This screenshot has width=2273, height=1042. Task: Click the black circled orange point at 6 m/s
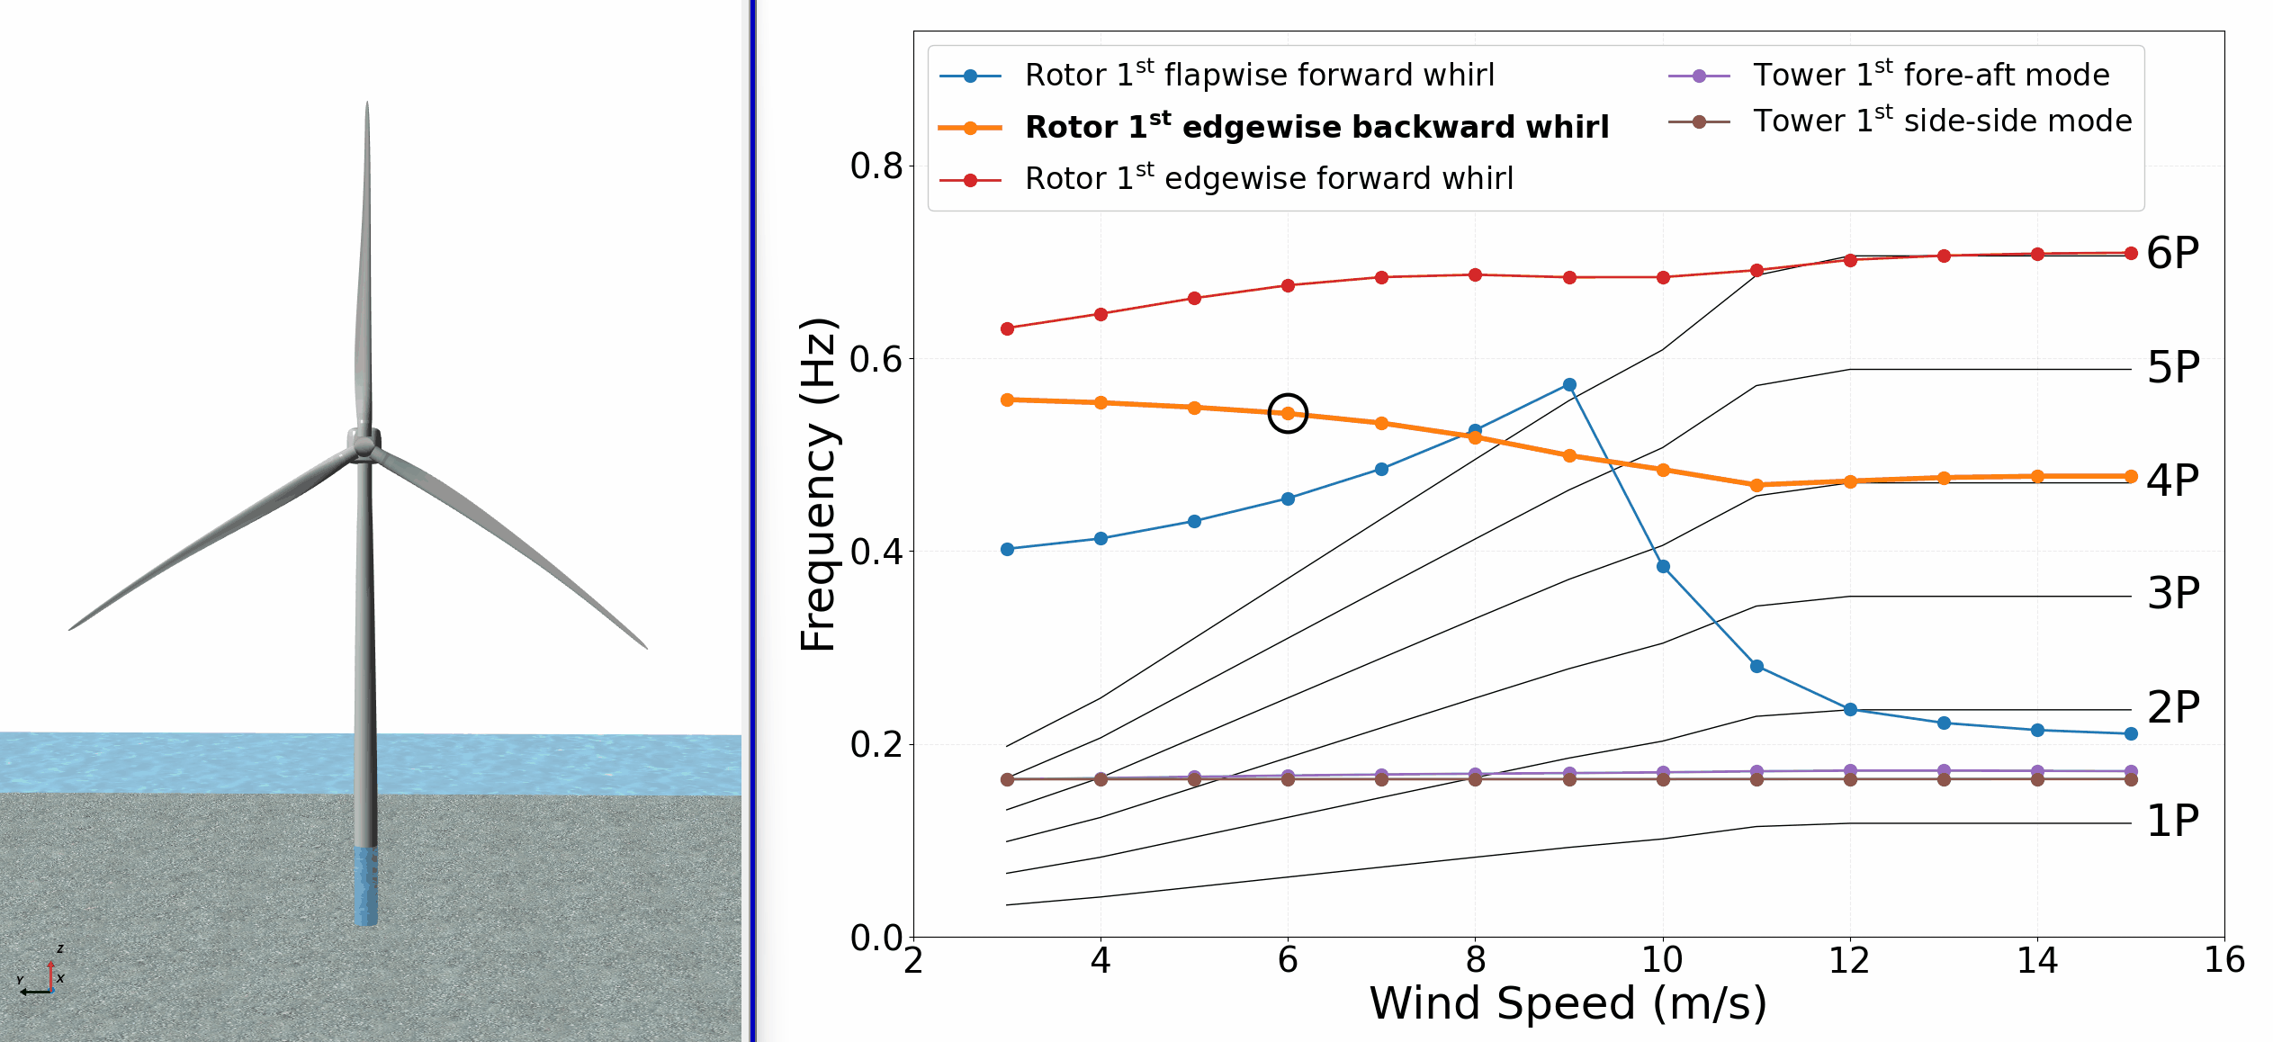click(x=1288, y=413)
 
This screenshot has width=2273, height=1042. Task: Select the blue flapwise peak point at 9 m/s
click(x=1569, y=385)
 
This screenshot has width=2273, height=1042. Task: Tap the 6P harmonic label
click(x=2172, y=253)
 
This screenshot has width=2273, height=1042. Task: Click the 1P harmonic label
click(x=2172, y=821)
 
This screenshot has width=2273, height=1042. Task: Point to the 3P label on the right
click(x=2173, y=593)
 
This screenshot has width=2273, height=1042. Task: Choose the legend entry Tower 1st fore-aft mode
click(x=1931, y=75)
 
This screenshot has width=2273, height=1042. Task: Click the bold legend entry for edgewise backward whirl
click(x=1316, y=127)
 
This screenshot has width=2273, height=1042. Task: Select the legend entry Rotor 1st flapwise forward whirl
click(x=1259, y=75)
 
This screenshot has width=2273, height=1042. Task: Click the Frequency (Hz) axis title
click(x=818, y=484)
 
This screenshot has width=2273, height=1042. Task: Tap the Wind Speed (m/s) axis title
click(x=1568, y=1003)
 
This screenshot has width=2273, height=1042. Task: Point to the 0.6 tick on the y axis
click(x=876, y=359)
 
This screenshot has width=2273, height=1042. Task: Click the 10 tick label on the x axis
click(x=1662, y=960)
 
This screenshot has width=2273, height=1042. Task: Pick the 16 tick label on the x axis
click(x=2224, y=960)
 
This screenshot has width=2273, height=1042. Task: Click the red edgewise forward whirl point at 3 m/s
click(x=1007, y=328)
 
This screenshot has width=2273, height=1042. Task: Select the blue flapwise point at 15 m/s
click(x=2131, y=733)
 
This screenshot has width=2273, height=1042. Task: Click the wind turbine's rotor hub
click(x=364, y=445)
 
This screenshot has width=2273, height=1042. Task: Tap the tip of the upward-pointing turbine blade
click(x=367, y=104)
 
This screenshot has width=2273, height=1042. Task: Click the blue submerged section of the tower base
click(x=364, y=886)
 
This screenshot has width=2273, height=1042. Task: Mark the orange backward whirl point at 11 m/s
click(x=1756, y=485)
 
